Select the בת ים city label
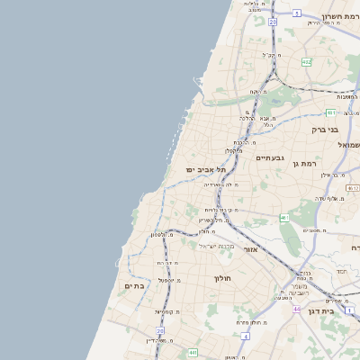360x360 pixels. (134, 285)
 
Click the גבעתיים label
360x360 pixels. (269, 158)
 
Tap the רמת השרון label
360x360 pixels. (332, 16)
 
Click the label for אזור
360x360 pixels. (250, 248)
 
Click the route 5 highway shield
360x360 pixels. (296, 13)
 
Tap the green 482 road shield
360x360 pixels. (307, 62)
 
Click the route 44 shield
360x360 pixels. (296, 309)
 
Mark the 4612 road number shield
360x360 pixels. (353, 187)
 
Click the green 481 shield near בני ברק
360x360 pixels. (330, 112)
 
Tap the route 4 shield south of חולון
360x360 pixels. (246, 336)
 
